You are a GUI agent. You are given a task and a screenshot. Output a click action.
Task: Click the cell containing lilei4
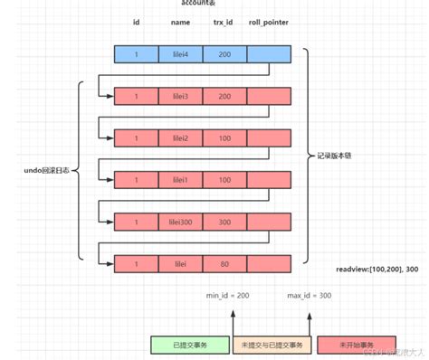180,54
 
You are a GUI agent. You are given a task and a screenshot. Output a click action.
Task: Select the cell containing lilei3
180,96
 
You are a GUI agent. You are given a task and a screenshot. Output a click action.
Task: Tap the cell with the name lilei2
180,138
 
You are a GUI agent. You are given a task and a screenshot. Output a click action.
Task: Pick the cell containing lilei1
180,180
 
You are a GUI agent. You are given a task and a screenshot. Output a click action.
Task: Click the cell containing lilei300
180,222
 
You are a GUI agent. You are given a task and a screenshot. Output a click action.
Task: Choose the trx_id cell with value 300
224,222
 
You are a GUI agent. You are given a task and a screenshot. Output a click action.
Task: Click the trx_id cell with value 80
224,263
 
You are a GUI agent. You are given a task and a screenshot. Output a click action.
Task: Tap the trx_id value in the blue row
224,54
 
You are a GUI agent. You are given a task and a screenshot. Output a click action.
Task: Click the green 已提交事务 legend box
189,345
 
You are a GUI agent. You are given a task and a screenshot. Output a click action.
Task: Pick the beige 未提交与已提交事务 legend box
272,345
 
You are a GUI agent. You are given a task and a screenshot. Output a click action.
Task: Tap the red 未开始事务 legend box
353,345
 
